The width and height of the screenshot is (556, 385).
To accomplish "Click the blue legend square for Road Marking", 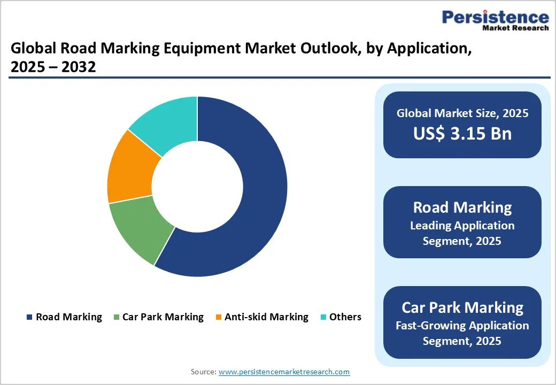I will pyautogui.click(x=29, y=317).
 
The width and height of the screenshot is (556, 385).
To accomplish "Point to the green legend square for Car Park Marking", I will pyautogui.click(x=116, y=317).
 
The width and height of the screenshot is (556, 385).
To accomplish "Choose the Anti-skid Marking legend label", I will pyautogui.click(x=266, y=317).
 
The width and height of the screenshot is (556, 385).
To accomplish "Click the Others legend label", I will pyautogui.click(x=345, y=317).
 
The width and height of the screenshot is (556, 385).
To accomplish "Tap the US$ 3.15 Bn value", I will pyautogui.click(x=462, y=133).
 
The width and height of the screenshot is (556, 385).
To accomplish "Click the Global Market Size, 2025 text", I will pyautogui.click(x=462, y=113).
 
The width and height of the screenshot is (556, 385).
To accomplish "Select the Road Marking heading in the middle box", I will pyautogui.click(x=462, y=207).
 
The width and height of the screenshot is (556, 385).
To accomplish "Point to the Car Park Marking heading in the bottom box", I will pyautogui.click(x=462, y=307).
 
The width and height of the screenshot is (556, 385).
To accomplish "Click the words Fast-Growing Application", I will pyautogui.click(x=462, y=325).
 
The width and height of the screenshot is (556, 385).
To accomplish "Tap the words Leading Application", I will pyautogui.click(x=462, y=226).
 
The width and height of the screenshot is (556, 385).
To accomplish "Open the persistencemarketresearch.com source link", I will pyautogui.click(x=284, y=372).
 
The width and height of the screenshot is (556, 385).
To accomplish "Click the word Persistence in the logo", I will pyautogui.click(x=495, y=17).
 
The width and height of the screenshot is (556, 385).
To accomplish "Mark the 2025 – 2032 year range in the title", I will pyautogui.click(x=53, y=68).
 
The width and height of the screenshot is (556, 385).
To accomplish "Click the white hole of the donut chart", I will pyautogui.click(x=197, y=187).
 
